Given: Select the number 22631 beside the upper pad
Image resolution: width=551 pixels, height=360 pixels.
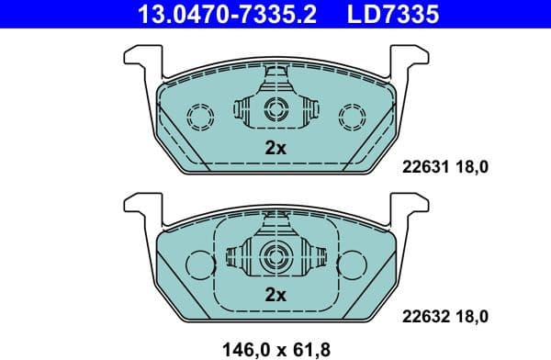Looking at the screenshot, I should coord(423,166).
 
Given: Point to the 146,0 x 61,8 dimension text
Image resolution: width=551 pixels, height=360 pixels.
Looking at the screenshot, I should coord(275,348).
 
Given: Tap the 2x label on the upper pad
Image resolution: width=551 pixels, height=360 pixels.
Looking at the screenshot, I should coord(275,148).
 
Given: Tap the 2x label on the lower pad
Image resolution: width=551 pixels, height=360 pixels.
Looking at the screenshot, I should coord(275,295).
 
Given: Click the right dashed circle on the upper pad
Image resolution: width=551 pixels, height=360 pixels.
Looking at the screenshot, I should coord(351,117).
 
